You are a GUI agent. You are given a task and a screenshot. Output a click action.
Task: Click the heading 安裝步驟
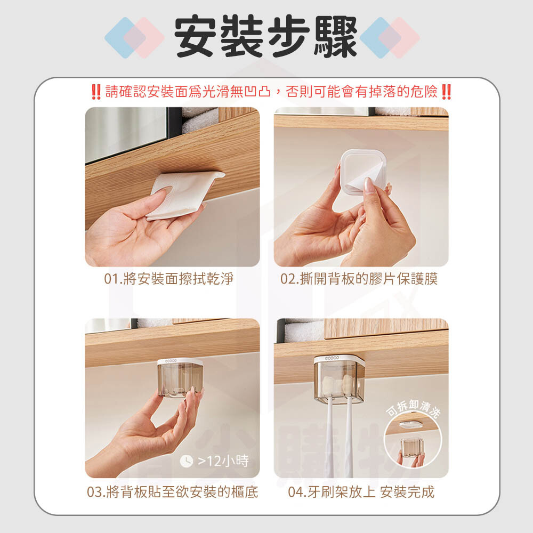pos(265,36)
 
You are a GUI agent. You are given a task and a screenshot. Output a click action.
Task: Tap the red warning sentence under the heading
pos(271,92)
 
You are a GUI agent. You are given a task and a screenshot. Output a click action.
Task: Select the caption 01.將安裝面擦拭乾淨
pos(169,279)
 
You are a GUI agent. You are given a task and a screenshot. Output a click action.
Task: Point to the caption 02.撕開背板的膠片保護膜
pos(359,279)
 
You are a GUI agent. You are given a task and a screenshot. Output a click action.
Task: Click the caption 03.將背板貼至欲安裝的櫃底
pos(172,492)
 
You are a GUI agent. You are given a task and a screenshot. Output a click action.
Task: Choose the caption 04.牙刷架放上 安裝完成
pos(361,492)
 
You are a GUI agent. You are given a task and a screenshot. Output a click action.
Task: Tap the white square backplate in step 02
pos(363,172)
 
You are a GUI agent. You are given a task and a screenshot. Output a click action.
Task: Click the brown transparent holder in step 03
pos(180,378)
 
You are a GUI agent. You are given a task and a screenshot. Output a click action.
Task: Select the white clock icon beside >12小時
pos(186,461)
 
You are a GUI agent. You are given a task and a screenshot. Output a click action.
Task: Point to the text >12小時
pos(223,461)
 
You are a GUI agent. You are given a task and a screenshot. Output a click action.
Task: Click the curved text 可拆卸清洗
pos(414,408)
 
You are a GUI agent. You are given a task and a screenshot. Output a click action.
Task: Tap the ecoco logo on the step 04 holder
pos(332,358)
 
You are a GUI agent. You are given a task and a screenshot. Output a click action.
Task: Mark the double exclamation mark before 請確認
pos(96,92)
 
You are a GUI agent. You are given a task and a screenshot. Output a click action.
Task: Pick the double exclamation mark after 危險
pos(446,92)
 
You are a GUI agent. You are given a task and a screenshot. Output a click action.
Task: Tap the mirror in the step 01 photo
pos(126,134)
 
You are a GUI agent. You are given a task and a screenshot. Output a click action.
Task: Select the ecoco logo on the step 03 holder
pos(171,361)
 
